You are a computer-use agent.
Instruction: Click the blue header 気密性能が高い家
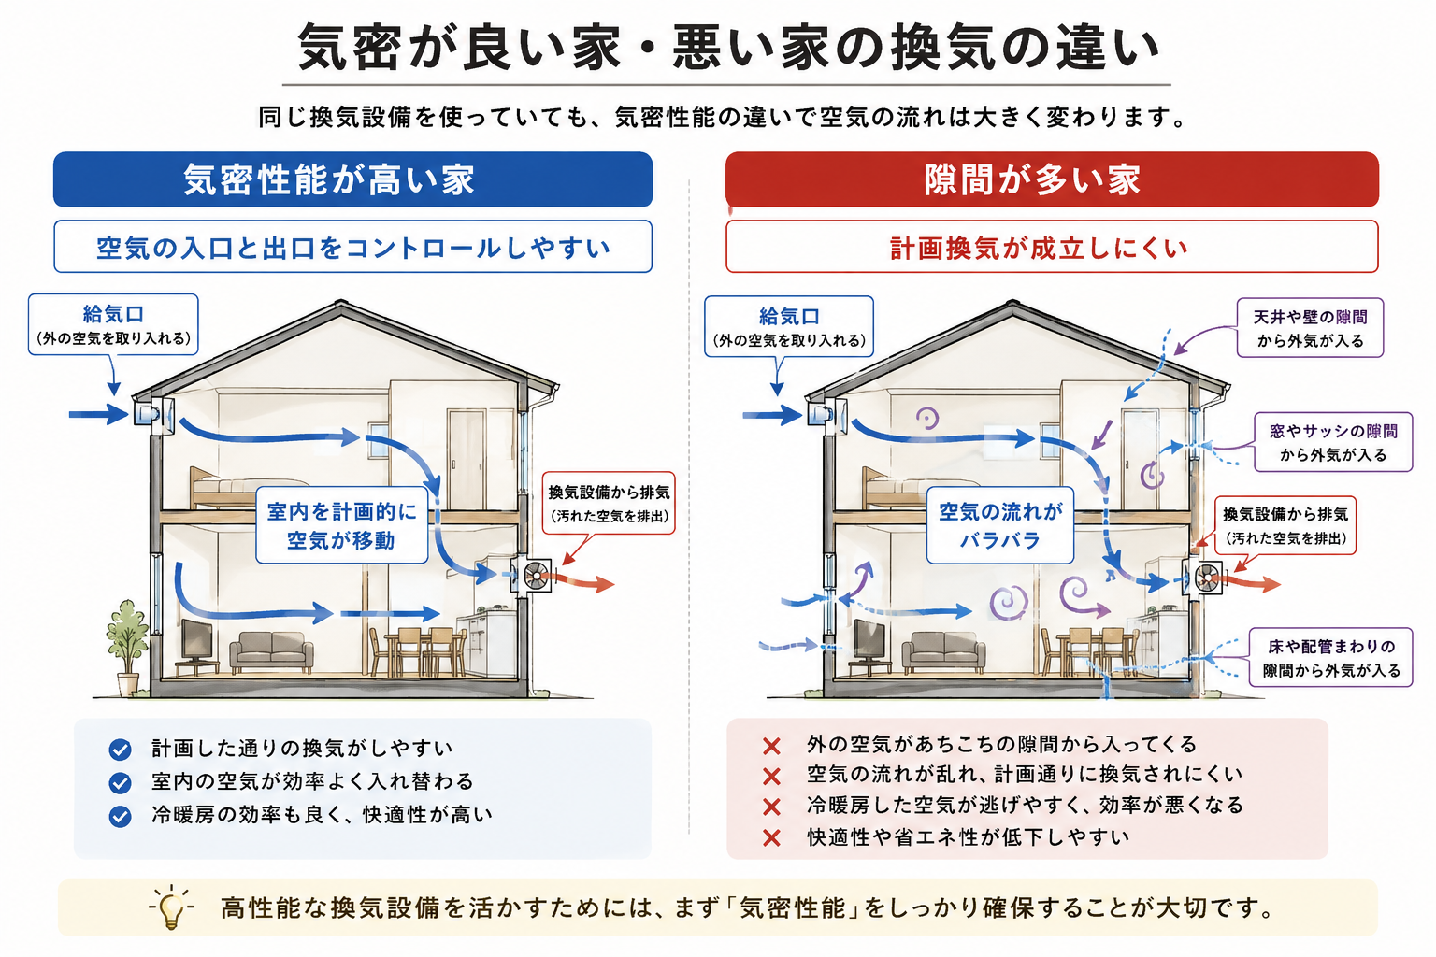click(x=352, y=179)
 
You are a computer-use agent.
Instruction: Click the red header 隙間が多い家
click(x=1052, y=179)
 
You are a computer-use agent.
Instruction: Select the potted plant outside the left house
click(x=128, y=648)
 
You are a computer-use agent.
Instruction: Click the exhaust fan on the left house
click(x=536, y=576)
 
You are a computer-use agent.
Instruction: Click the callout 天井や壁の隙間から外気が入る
click(x=1310, y=327)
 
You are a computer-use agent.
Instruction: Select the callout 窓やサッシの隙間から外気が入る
click(x=1333, y=442)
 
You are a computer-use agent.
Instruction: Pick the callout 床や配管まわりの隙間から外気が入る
click(x=1330, y=657)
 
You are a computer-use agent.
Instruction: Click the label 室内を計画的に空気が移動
click(x=341, y=525)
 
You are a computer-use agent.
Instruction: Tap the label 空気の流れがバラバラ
click(x=1000, y=525)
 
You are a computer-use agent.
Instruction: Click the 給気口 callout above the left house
click(x=113, y=324)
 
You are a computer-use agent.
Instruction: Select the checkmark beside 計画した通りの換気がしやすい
click(x=120, y=750)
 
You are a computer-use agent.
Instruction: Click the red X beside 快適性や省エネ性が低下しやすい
click(x=772, y=837)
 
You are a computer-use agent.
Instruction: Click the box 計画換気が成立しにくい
click(x=1052, y=247)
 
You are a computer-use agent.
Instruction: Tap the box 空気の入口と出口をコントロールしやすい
click(x=352, y=247)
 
